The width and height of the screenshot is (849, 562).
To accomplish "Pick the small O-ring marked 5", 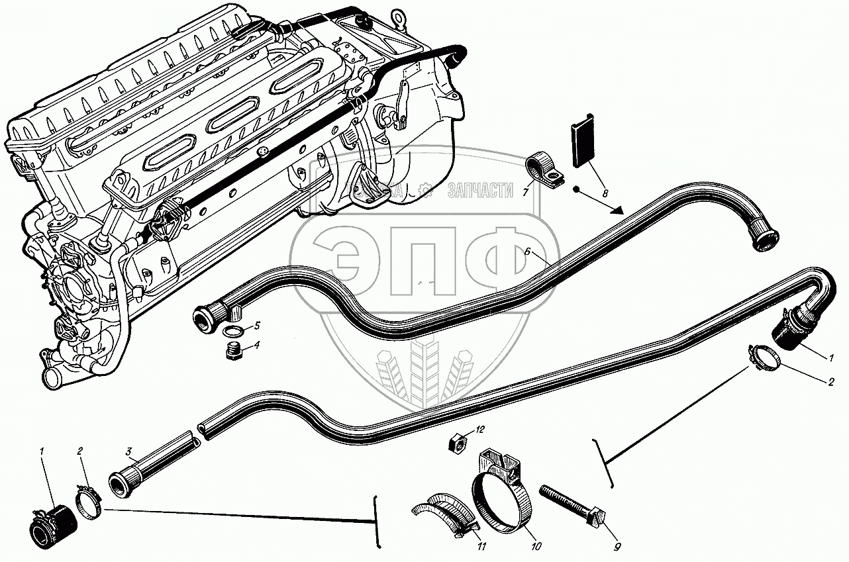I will coord(232,331).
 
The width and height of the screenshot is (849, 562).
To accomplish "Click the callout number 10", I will coord(536,547).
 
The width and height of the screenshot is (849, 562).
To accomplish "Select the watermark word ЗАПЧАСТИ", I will coord(480,191).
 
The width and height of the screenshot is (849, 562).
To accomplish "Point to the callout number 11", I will coord(481,547).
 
